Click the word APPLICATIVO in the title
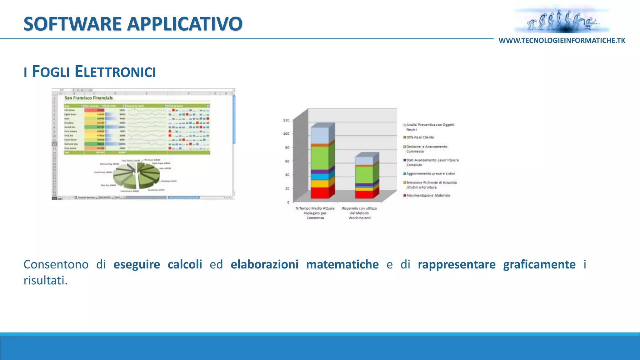tap(185, 24)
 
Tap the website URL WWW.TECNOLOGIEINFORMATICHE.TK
tap(562, 41)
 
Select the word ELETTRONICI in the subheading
tap(115, 72)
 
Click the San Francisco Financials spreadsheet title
tap(88, 98)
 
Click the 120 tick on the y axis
tap(286, 120)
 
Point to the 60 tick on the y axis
tap(287, 161)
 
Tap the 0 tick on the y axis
tap(288, 202)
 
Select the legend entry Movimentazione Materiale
tap(428, 196)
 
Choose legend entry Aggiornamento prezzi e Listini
tap(430, 174)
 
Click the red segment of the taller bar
tap(320, 192)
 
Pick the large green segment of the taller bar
tap(320, 158)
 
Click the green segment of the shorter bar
tap(364, 174)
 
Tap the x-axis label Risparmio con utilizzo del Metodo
tap(359, 211)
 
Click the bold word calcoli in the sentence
tap(185, 264)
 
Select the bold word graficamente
tap(539, 264)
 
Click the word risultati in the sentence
tap(45, 280)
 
